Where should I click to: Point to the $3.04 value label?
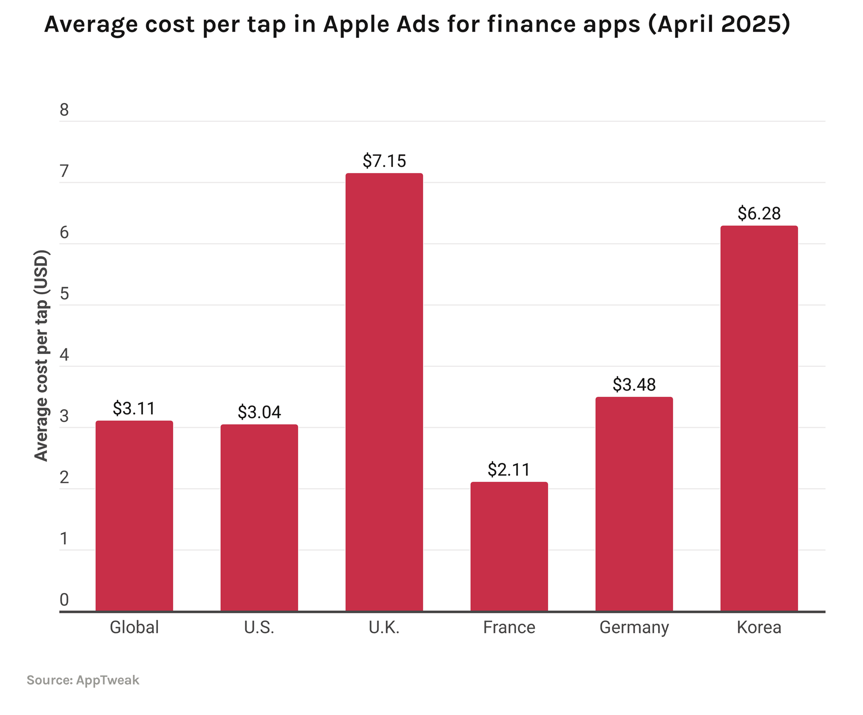[x=259, y=412]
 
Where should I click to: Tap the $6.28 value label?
[x=759, y=213]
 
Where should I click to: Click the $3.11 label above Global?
[x=134, y=408]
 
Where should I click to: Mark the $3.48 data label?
[x=634, y=385]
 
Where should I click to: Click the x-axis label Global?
[x=134, y=627]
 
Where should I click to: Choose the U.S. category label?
[x=259, y=627]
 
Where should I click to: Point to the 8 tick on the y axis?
[x=64, y=110]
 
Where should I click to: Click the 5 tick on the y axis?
[x=64, y=294]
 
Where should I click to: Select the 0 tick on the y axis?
[x=64, y=600]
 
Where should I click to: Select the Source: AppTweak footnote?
[x=83, y=680]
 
